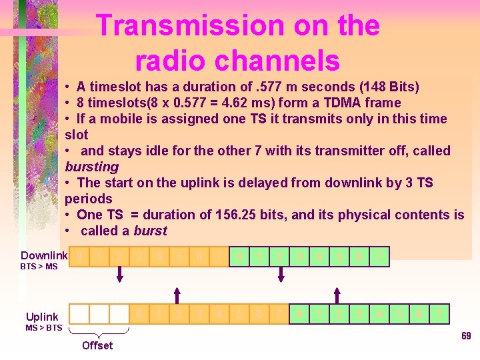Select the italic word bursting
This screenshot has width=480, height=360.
coord(91,167)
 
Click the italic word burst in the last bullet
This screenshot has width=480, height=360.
coord(150,231)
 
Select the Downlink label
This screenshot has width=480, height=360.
coord(44,256)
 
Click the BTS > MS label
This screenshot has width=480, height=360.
coord(38,267)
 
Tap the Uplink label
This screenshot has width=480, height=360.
coord(42,317)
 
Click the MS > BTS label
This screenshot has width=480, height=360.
coord(44,327)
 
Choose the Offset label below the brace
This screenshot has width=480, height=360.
coord(97,345)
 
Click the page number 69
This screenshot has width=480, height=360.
coord(466,336)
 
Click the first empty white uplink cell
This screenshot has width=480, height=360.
coord(79,314)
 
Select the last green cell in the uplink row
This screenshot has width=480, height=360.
coord(439,314)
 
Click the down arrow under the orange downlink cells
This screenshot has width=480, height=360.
coord(120,274)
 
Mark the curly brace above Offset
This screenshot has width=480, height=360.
coord(99,331)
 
